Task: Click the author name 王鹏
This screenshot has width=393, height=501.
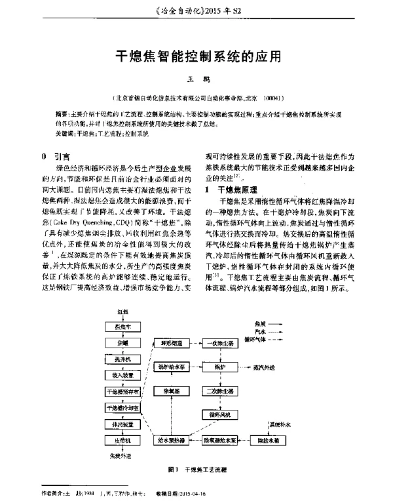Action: (x=196, y=80)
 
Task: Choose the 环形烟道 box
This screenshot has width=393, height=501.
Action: (x=172, y=343)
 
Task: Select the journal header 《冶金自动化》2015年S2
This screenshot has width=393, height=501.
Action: (x=196, y=10)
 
